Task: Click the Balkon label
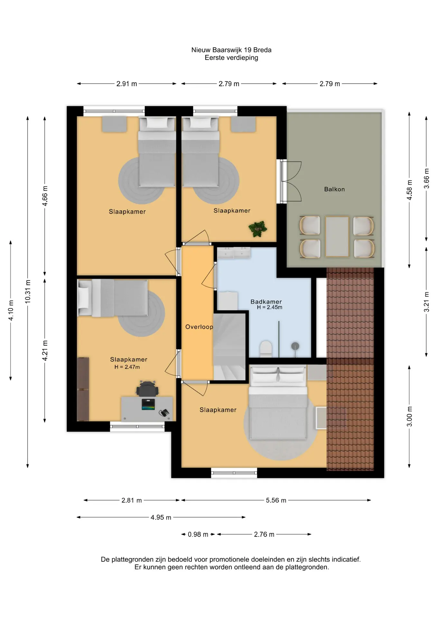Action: [x=334, y=189]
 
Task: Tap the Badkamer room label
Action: [x=266, y=302]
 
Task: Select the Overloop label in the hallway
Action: [x=199, y=327]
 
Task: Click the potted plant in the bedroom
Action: [x=258, y=229]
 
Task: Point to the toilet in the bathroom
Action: [x=266, y=349]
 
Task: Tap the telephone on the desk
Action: [x=164, y=413]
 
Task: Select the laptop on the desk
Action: [x=148, y=404]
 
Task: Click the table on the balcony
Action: [x=337, y=237]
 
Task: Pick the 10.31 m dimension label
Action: [x=28, y=292]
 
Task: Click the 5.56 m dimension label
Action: [x=276, y=500]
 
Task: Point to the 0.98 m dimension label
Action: [x=198, y=534]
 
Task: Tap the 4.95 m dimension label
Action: [x=161, y=517]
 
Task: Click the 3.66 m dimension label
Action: [x=426, y=178]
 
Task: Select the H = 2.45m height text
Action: [x=269, y=307]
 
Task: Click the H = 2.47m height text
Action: [x=127, y=367]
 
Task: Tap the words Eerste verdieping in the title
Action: [x=231, y=58]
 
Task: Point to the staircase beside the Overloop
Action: [x=229, y=347]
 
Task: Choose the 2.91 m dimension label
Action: [x=126, y=84]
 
